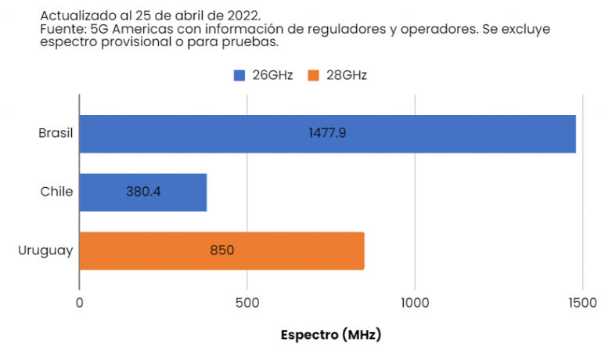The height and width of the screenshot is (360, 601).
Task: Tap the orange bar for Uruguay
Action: [x=297, y=250]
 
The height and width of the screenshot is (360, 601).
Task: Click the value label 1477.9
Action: [x=327, y=134]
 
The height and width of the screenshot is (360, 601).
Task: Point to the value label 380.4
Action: [x=143, y=192]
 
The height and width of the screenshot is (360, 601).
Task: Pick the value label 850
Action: [x=221, y=250]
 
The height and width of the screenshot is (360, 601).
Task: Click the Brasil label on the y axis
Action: [x=56, y=134]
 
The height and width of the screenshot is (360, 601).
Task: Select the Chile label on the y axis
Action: [x=57, y=192]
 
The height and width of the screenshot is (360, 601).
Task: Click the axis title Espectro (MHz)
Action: [x=330, y=335]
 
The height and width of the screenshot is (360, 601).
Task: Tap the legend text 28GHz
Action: [x=346, y=75]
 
